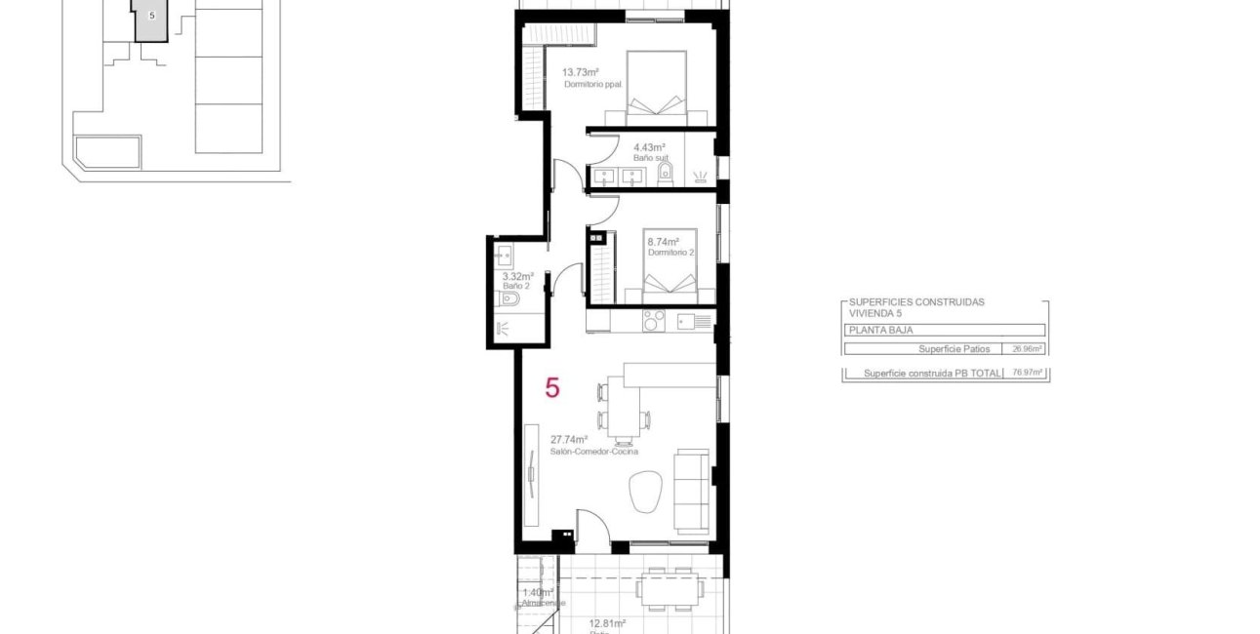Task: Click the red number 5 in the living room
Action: point(552,388)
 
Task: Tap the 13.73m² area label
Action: point(580,72)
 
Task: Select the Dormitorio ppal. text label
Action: point(593,85)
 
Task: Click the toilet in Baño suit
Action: point(666,175)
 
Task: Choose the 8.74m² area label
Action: point(663,241)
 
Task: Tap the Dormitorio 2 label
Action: point(671,253)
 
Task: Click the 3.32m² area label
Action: point(517,276)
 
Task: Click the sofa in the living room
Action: point(693,490)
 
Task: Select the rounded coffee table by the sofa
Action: point(646,491)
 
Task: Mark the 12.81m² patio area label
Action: point(606,622)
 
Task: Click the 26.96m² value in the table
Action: point(1028,348)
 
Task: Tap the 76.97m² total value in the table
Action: point(1028,373)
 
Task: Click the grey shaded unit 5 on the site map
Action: point(151,20)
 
